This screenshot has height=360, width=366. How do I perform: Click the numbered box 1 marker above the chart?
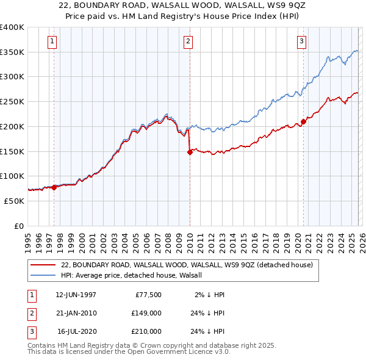click(52, 41)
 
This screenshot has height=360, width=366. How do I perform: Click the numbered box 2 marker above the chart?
click(188, 41)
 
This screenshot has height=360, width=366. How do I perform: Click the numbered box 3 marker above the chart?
click(301, 41)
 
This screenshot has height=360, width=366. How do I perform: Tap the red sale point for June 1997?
click(54, 187)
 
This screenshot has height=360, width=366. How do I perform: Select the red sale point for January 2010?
click(190, 153)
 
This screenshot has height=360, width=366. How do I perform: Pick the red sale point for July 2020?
click(303, 122)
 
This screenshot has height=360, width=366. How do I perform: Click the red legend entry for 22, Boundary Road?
click(187, 265)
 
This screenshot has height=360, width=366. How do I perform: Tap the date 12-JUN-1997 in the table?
click(76, 295)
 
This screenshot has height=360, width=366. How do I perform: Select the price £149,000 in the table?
click(146, 313)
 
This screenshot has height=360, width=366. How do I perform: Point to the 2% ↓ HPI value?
click(210, 295)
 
